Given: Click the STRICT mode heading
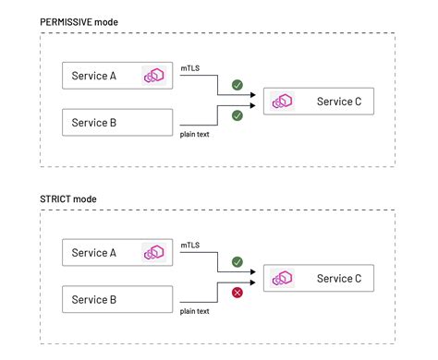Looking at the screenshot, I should (x=68, y=198).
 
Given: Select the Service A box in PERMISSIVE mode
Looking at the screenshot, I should (x=117, y=76).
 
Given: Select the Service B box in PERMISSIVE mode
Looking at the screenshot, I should (x=117, y=122).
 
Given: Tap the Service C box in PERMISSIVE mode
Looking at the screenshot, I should (x=319, y=101).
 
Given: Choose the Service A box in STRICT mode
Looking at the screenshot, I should (x=117, y=253).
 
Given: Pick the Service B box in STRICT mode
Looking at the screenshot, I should (x=117, y=298).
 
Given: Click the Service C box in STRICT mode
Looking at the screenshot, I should (x=319, y=278).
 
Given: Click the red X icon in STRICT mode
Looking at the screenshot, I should (x=237, y=293).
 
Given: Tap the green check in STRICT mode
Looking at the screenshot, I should (x=237, y=262).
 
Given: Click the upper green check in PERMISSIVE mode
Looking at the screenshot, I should (x=237, y=85).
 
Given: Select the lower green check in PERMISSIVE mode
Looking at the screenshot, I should (x=237, y=115).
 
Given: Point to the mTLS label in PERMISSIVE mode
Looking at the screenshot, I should (x=190, y=66).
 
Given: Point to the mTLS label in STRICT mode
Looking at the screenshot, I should (x=190, y=244).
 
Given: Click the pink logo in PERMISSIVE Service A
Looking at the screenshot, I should (x=153, y=76).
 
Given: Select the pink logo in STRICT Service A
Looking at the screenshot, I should (x=153, y=253).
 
